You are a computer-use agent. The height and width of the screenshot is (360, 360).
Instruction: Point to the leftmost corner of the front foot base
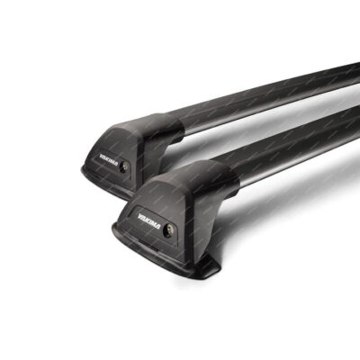[x=113, y=229]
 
